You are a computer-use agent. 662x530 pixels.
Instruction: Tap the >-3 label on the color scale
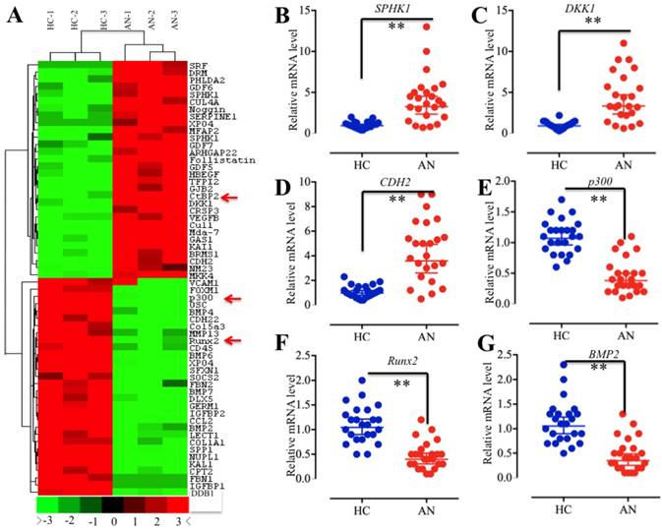[43, 522]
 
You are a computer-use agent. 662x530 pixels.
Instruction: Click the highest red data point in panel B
[399, 27]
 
